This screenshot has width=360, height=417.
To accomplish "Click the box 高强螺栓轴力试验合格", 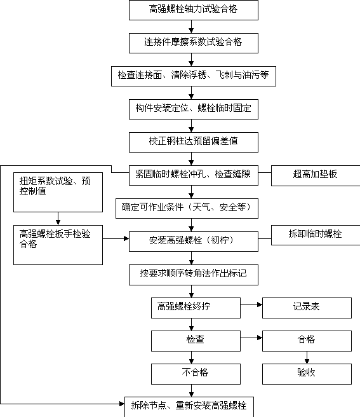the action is tap(194, 10).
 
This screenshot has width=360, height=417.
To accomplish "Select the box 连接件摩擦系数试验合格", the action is tap(194, 43).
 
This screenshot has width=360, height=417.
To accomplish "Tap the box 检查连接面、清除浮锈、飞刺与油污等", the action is tap(194, 76).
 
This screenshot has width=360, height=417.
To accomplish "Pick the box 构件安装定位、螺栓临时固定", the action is tap(194, 109).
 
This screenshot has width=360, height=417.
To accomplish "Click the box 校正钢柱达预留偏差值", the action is tap(194, 142).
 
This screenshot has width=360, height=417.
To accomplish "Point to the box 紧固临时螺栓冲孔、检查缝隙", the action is tap(194, 175).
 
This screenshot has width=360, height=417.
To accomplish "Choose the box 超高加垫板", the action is tap(316, 176).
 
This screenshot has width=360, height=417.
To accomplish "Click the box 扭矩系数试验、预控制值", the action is tap(58, 192).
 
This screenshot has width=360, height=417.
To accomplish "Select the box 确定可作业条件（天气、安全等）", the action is tap(187, 208).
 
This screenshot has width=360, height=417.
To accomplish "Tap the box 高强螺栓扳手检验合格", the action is tap(58, 245).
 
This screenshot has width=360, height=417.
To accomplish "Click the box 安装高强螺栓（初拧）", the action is tap(194, 242).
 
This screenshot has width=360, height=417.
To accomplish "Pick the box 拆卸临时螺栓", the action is tap(316, 235).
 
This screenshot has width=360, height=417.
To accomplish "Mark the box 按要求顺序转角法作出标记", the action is tap(194, 275).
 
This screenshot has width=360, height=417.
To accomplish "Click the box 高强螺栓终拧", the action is tap(196, 308).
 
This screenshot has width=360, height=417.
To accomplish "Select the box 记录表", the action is tap(307, 308).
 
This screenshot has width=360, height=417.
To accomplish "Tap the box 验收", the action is tap(307, 374).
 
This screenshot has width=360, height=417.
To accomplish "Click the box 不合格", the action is tap(196, 374).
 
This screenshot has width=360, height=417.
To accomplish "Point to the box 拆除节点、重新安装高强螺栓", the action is tap(189, 407).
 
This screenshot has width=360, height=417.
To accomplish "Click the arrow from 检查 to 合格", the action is tap(251, 338).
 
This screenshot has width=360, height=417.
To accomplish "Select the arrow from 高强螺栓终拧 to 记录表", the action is tap(251, 304).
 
